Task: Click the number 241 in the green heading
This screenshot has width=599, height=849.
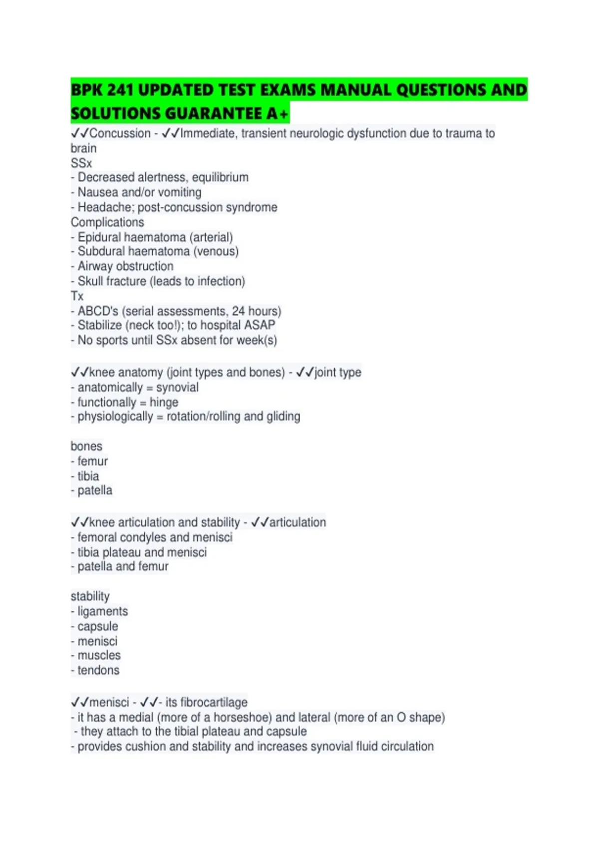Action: (x=120, y=90)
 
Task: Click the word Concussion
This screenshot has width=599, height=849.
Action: (x=120, y=133)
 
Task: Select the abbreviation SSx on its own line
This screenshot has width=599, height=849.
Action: (x=81, y=163)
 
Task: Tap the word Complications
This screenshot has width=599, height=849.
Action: (x=107, y=222)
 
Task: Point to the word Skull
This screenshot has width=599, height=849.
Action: (x=90, y=281)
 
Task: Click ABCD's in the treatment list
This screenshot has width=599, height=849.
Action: (x=98, y=311)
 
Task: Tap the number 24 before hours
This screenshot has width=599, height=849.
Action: (x=238, y=311)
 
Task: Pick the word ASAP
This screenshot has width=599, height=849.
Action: (x=260, y=325)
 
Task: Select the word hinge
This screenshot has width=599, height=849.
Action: (x=164, y=403)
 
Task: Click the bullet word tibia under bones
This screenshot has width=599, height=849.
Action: (x=88, y=476)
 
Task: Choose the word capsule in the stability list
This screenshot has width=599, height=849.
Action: (x=98, y=626)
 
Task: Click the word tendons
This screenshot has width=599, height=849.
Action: (x=98, y=670)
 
